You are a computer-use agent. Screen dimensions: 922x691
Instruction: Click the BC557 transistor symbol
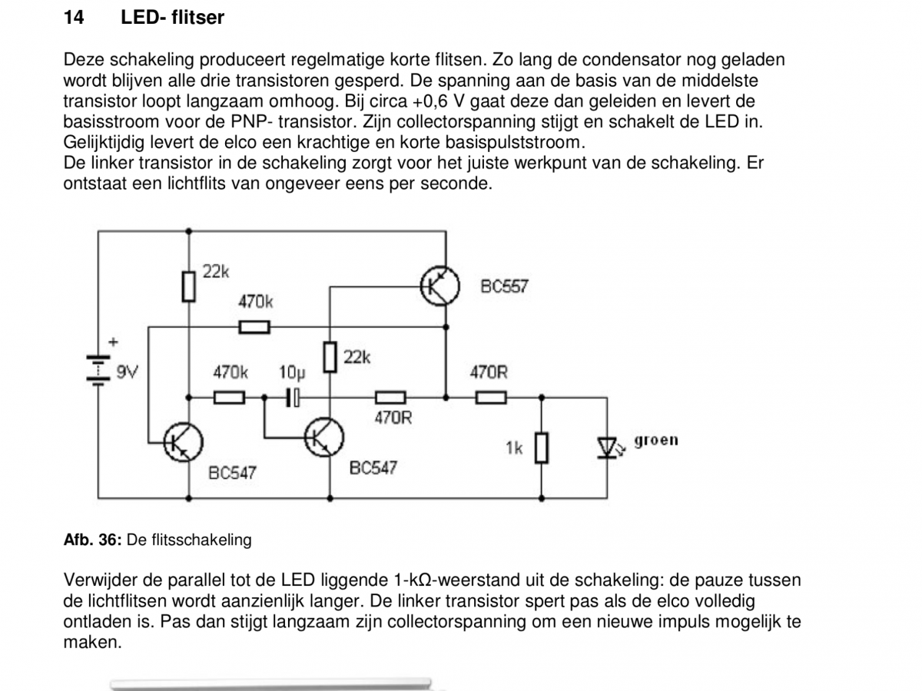click(x=439, y=286)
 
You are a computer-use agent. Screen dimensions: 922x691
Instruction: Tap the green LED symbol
click(x=608, y=448)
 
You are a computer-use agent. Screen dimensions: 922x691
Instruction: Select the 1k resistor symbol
click(x=542, y=448)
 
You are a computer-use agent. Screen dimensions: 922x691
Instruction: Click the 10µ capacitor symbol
click(x=294, y=397)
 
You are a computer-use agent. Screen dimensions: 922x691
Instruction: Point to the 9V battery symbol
click(x=98, y=369)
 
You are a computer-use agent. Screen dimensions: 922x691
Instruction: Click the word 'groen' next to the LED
click(x=655, y=441)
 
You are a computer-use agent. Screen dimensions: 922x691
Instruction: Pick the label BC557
click(x=504, y=286)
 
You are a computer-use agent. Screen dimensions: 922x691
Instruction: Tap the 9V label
click(x=127, y=372)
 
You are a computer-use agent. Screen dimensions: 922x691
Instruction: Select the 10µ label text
click(x=293, y=372)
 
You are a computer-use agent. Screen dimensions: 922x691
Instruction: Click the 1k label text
click(x=514, y=448)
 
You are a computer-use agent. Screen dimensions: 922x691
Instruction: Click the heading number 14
click(x=74, y=18)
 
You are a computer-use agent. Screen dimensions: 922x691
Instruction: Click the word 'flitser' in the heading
click(x=197, y=18)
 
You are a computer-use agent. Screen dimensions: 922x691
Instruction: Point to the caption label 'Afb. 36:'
click(x=92, y=540)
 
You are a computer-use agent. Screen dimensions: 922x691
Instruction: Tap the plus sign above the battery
click(x=113, y=342)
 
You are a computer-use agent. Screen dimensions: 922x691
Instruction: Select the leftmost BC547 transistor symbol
click(x=183, y=442)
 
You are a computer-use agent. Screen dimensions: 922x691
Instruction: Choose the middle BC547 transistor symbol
click(x=324, y=437)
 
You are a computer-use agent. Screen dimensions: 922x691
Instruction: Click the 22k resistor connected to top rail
click(x=188, y=286)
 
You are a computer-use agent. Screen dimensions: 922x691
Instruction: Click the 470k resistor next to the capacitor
click(x=229, y=397)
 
